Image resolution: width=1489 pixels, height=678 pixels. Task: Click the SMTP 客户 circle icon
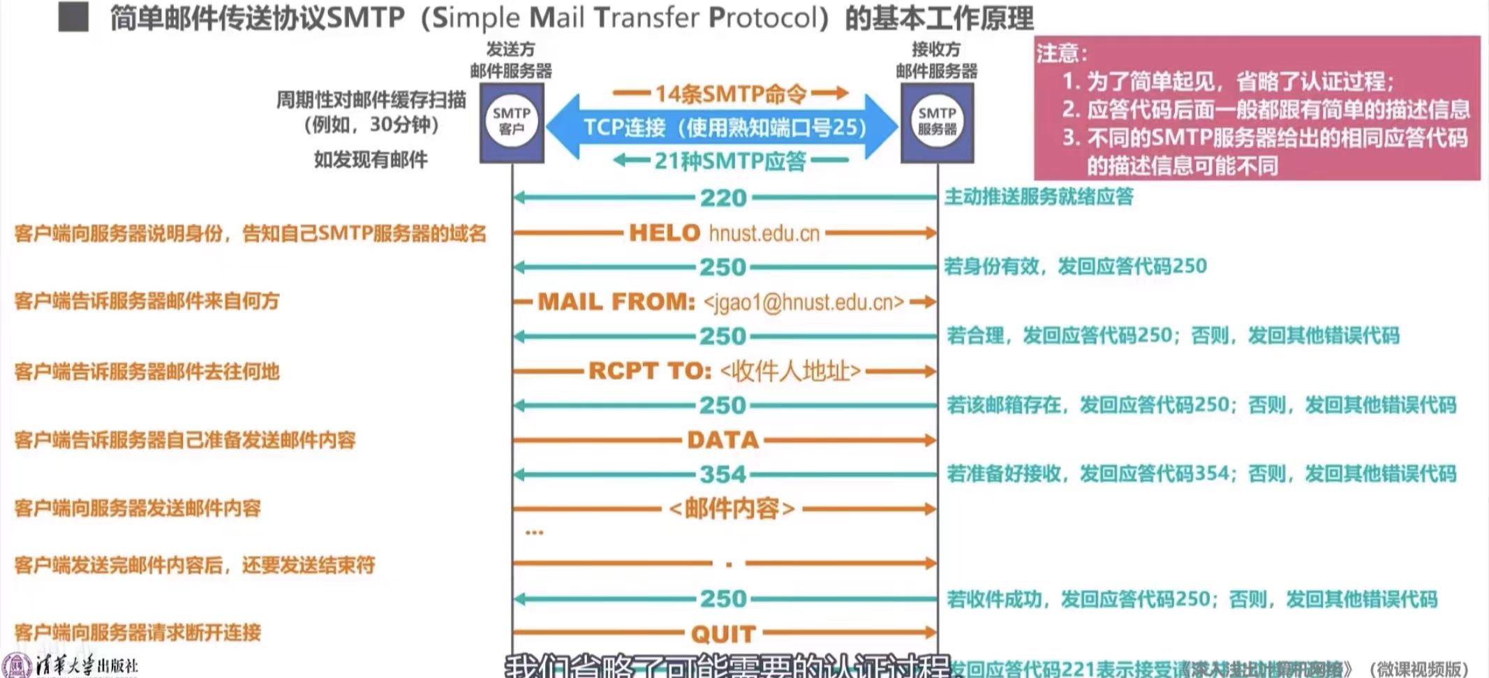pyautogui.click(x=511, y=122)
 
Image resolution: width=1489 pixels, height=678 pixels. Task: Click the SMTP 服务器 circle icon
pyautogui.click(x=937, y=122)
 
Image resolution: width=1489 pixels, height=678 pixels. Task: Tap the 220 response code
pyautogui.click(x=724, y=198)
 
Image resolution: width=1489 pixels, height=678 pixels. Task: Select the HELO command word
pyautogui.click(x=664, y=233)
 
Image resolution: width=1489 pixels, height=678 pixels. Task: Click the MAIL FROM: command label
pyautogui.click(x=616, y=302)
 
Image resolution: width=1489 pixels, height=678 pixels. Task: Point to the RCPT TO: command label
pyautogui.click(x=649, y=371)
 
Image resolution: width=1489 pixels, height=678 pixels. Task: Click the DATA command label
pyautogui.click(x=723, y=440)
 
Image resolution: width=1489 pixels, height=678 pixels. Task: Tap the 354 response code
pyautogui.click(x=724, y=475)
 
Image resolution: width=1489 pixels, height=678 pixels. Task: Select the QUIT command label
pyautogui.click(x=723, y=633)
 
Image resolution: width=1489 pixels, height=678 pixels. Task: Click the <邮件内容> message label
pyautogui.click(x=732, y=508)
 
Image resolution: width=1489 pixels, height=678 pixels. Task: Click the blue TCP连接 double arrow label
pyautogui.click(x=724, y=128)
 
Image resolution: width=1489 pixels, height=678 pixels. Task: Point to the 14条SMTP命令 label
pyautogui.click(x=730, y=94)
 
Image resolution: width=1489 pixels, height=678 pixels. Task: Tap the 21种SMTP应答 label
pyautogui.click(x=730, y=161)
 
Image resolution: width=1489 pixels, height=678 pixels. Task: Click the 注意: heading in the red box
pyautogui.click(x=1061, y=53)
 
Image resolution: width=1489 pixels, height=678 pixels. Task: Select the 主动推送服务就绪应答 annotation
pyautogui.click(x=1039, y=197)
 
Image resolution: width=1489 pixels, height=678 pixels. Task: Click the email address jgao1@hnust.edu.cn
pyautogui.click(x=803, y=302)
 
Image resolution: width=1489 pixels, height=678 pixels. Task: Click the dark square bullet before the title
pyautogui.click(x=73, y=17)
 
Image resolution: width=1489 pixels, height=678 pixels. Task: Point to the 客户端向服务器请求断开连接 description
pyautogui.click(x=138, y=633)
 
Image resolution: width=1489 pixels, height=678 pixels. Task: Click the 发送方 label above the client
pyautogui.click(x=510, y=50)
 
